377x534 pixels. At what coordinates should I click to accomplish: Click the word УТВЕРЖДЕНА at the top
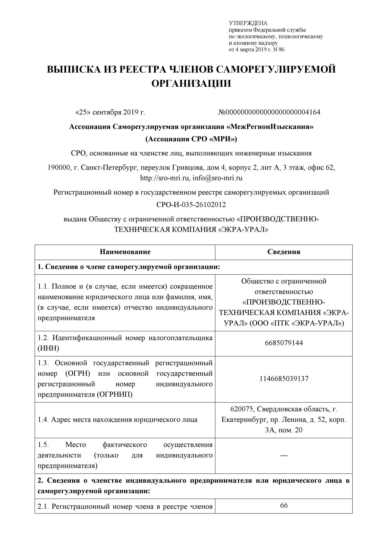[248, 23]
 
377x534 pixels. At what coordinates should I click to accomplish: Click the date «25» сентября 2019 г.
[110, 112]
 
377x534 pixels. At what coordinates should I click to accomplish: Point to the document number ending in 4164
[269, 112]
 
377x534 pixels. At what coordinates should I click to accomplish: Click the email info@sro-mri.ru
[217, 178]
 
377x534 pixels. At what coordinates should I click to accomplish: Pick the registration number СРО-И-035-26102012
[191, 205]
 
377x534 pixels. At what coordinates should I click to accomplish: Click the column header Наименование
[125, 252]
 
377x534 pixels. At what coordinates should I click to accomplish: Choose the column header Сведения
[284, 252]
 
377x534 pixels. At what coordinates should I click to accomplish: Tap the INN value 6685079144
[284, 343]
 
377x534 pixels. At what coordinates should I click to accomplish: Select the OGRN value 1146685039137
[284, 379]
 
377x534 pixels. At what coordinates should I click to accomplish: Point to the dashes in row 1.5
[284, 455]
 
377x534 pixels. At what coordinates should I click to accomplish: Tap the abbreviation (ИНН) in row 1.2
[48, 348]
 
